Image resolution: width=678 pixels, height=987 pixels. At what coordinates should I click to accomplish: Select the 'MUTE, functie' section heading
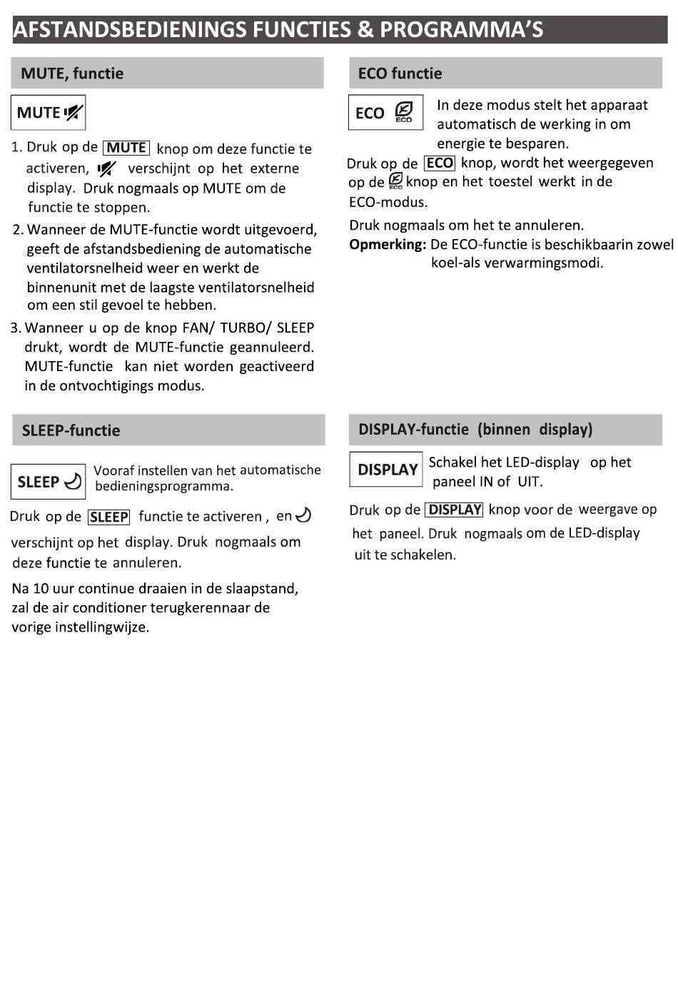72,74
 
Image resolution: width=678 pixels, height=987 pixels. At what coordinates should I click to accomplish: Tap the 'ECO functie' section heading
400,74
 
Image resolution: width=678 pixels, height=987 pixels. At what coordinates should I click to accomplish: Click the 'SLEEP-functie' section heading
71,430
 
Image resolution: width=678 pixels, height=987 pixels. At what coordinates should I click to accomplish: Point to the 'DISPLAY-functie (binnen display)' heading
475,430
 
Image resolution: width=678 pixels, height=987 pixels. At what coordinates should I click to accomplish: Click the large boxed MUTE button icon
49,113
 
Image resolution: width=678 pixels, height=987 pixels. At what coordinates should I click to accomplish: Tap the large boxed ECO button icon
385,113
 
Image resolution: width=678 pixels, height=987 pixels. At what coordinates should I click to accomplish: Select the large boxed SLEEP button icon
49,482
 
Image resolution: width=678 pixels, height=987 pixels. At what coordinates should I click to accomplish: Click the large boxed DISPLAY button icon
386,470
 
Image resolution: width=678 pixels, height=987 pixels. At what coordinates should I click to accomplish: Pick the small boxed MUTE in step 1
126,148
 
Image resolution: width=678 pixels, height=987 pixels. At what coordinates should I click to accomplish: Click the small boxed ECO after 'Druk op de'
440,163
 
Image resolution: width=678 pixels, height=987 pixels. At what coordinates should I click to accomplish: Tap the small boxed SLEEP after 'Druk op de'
108,517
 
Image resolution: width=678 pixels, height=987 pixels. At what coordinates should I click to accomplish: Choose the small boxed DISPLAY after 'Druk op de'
454,510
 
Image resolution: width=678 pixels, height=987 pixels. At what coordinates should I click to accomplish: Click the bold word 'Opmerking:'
388,245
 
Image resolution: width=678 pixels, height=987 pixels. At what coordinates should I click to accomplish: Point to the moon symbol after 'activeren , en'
303,515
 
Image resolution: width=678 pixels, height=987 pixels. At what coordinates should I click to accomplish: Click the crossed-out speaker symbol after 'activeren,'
107,169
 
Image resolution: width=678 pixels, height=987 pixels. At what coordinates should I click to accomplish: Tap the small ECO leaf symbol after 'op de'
395,182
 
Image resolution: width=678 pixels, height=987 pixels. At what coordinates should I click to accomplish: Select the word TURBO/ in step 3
245,328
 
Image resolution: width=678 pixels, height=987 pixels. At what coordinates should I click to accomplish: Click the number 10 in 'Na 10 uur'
41,589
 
